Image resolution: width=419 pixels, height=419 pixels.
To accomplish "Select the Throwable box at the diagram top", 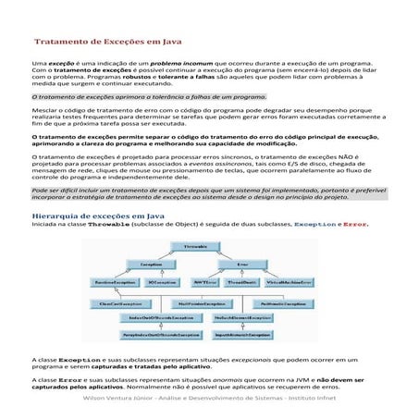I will coord(194,247).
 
